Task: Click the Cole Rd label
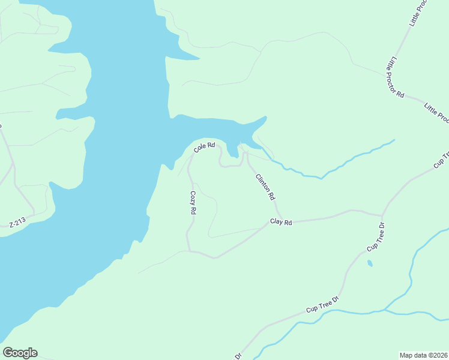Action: [x=204, y=146]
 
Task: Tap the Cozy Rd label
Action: [x=193, y=203]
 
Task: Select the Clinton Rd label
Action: [x=265, y=187]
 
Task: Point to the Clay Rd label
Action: [x=281, y=222]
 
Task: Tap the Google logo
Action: [x=20, y=353]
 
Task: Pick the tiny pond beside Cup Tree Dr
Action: [x=370, y=263]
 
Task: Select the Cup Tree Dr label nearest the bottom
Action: [x=322, y=304]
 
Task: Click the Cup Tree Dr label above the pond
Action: [x=376, y=238]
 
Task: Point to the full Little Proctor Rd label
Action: [x=396, y=78]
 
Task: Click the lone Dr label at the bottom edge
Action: [x=238, y=356]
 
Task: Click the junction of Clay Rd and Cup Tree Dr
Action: [x=381, y=215]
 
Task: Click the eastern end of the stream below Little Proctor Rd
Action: [x=393, y=140]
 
